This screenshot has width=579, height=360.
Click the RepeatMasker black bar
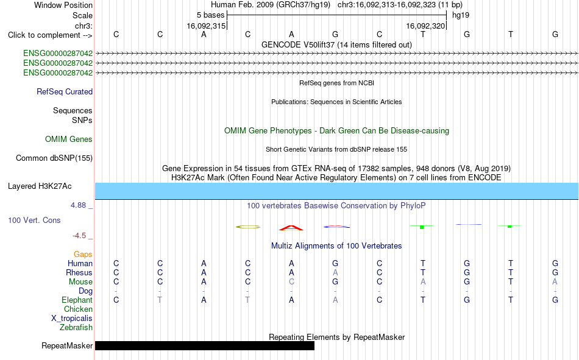205,345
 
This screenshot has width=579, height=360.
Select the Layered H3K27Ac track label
40,186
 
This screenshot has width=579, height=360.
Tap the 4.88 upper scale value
78,205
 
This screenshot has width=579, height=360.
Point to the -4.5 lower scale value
79,236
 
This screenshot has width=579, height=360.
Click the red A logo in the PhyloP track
291,228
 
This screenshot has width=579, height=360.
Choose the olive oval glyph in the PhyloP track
248,227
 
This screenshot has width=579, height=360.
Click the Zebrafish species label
76,328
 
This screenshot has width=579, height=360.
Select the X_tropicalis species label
72,319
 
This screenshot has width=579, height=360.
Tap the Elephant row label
77,300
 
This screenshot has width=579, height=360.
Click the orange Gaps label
83,255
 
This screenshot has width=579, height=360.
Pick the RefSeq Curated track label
65,91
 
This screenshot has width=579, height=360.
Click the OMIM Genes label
69,139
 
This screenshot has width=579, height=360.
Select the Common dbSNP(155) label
54,158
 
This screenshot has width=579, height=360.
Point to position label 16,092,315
206,26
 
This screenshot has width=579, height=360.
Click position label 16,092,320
425,26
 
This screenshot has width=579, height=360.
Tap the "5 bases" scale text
210,15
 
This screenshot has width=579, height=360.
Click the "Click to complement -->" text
50,35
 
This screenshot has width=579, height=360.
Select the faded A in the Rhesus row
335,272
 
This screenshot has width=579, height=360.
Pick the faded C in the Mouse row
292,281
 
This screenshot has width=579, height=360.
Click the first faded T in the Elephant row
160,300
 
